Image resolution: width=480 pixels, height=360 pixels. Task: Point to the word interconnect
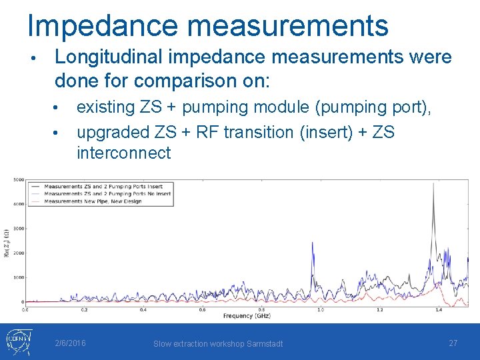[123, 153]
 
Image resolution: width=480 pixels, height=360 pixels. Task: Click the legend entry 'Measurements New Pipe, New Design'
[93, 201]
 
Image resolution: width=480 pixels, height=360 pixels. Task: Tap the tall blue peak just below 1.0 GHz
[313, 244]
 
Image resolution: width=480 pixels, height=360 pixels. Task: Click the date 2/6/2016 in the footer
[70, 343]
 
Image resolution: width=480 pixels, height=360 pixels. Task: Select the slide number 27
[453, 343]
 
